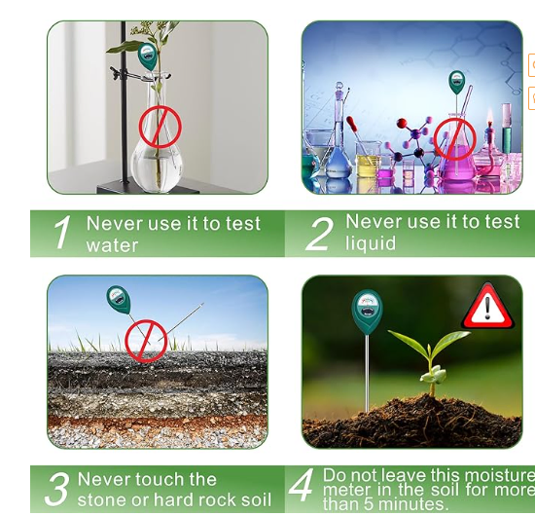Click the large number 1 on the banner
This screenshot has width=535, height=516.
pyautogui.click(x=62, y=233)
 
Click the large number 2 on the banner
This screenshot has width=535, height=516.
pyautogui.click(x=319, y=234)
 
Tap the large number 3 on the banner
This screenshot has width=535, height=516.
pyautogui.click(x=57, y=489)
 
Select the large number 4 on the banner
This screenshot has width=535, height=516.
pyautogui.click(x=301, y=485)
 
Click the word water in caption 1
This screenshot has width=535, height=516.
pyautogui.click(x=112, y=245)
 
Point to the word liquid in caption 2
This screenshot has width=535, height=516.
pyautogui.click(x=371, y=243)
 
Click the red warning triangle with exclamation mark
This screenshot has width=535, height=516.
pyautogui.click(x=487, y=307)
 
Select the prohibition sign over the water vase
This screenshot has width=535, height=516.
pyautogui.click(x=160, y=127)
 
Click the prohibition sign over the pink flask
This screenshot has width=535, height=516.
pyautogui.click(x=455, y=139)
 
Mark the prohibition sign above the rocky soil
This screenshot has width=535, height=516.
pyautogui.click(x=146, y=341)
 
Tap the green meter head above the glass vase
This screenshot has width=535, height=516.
pyautogui.click(x=148, y=55)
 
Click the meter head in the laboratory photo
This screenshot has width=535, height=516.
pyautogui.click(x=456, y=83)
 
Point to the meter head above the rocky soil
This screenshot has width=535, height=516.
pyautogui.click(x=119, y=299)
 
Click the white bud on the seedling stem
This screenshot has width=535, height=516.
pyautogui.click(x=433, y=374)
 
